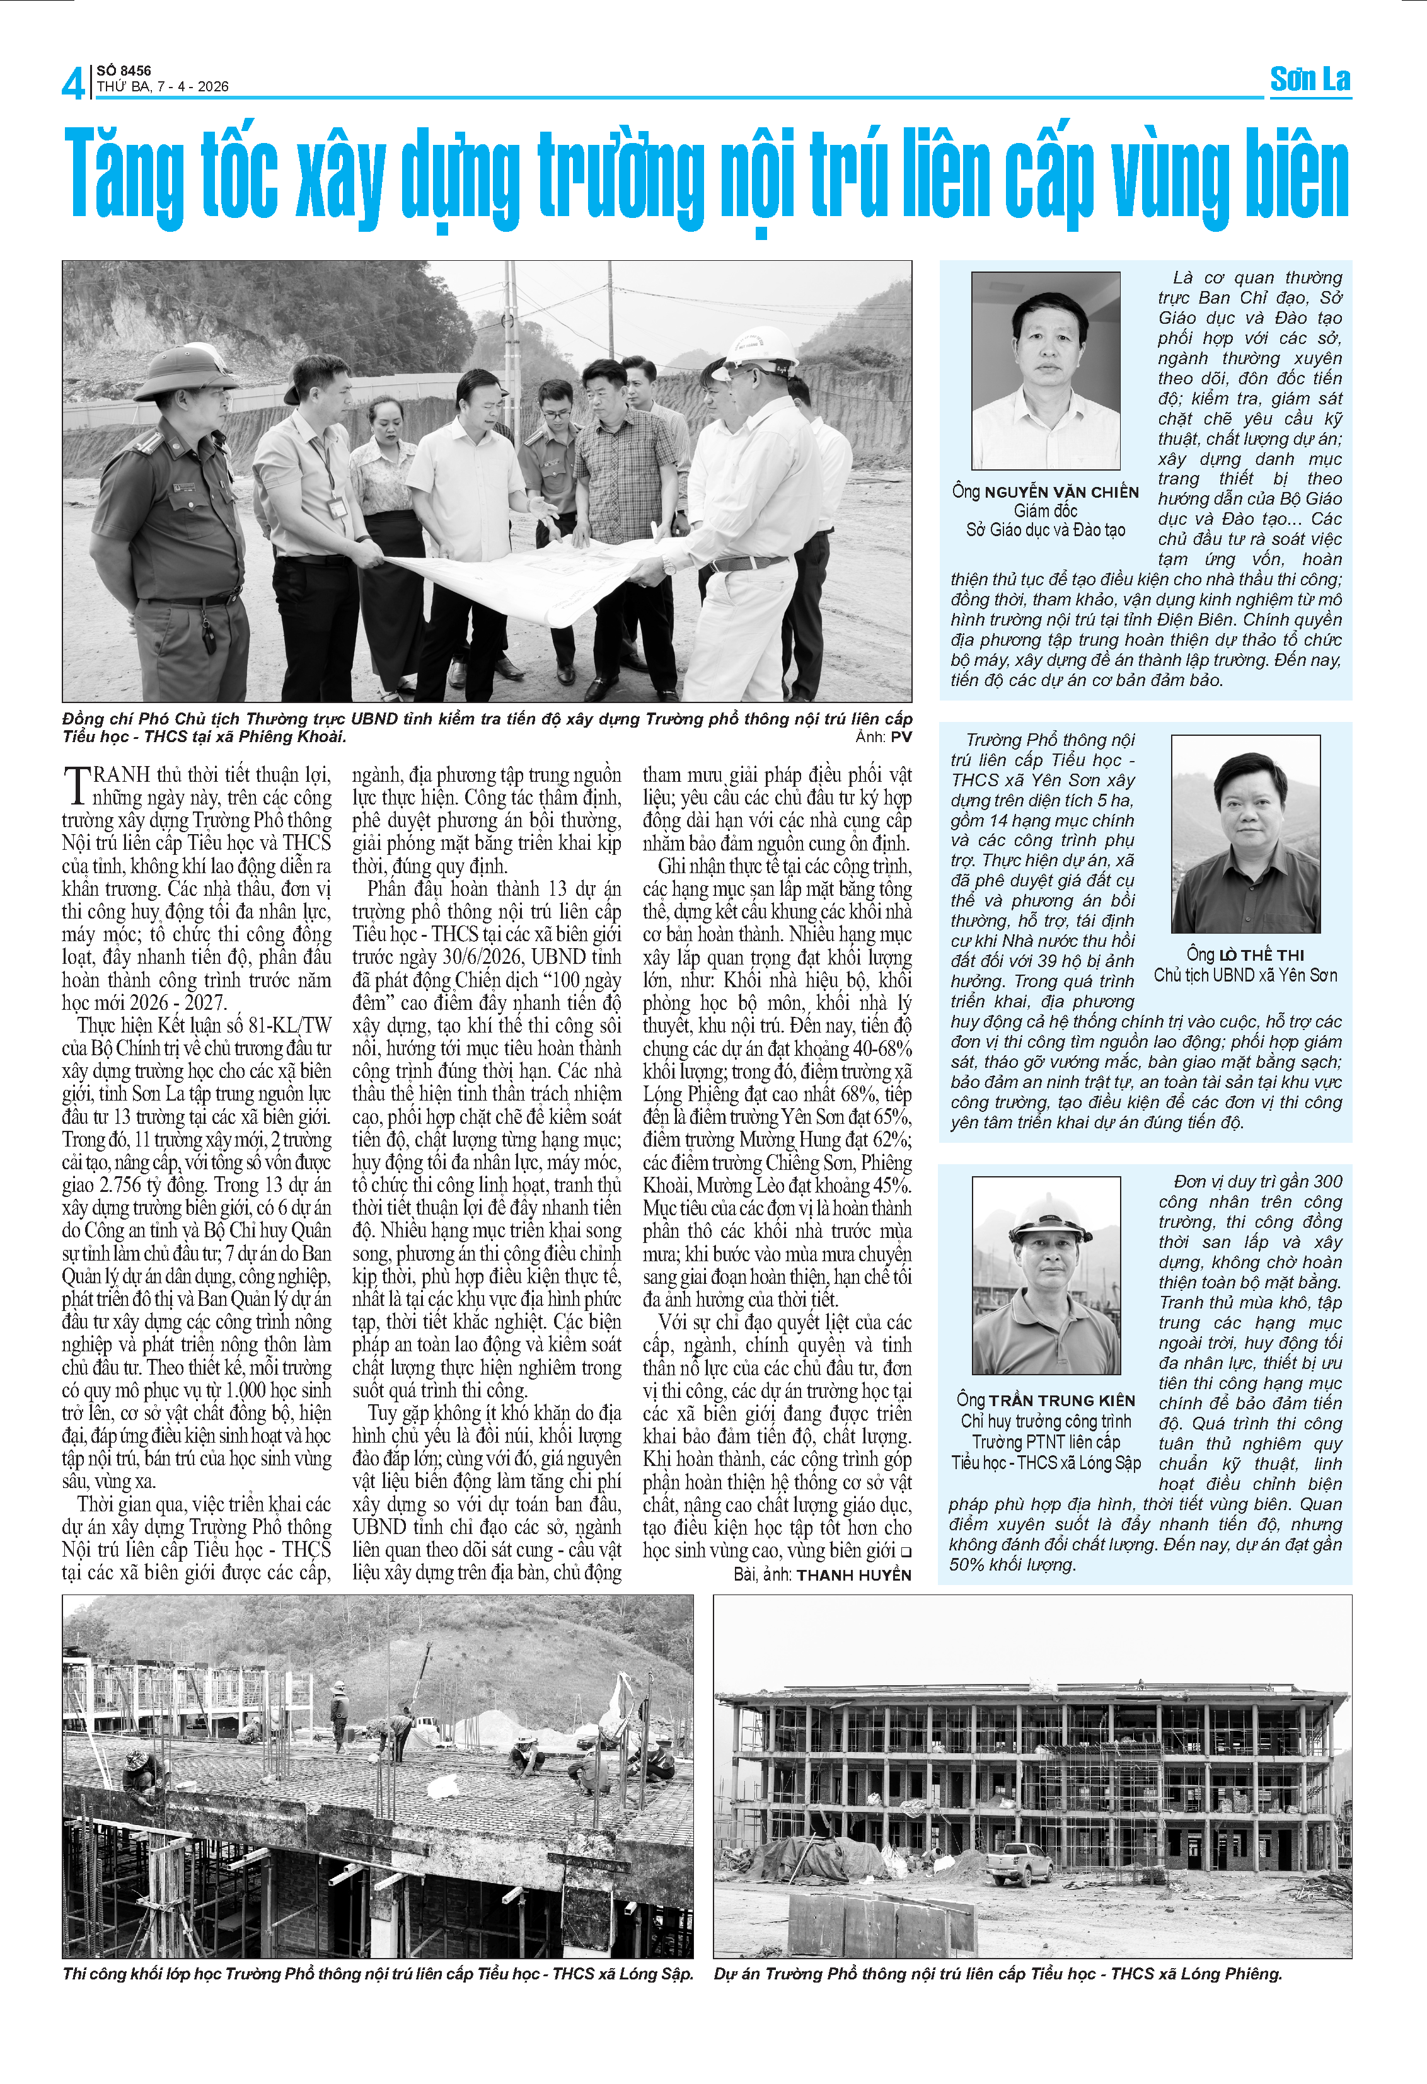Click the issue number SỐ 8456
tap(124, 70)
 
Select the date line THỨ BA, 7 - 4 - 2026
tap(163, 87)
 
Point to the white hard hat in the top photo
tap(761, 345)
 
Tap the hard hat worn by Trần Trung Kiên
tap(1048, 1215)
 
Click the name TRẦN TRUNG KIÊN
tap(1062, 1400)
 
